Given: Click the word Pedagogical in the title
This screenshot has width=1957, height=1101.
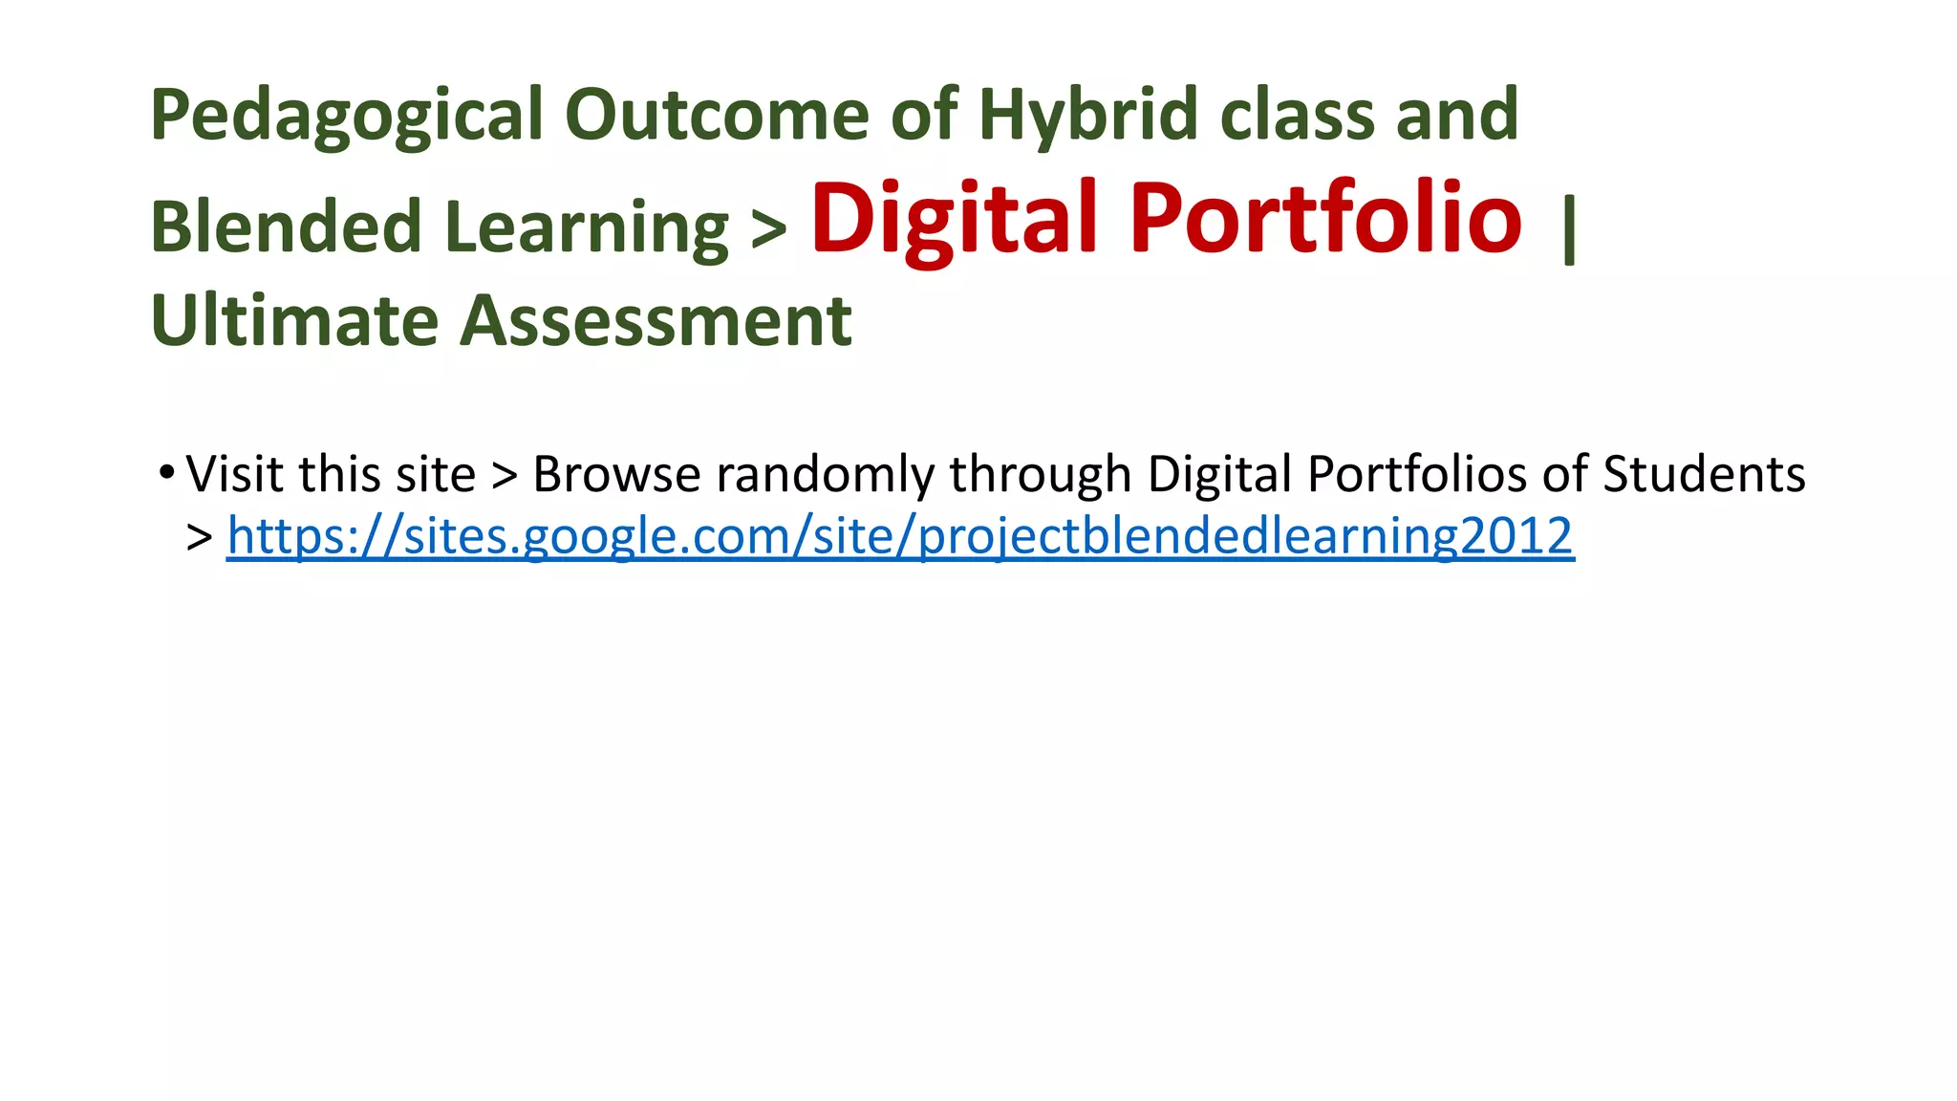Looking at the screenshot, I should [x=347, y=116].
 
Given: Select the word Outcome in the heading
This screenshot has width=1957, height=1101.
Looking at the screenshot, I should [x=716, y=114].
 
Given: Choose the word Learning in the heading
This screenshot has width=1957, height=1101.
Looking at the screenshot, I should [x=587, y=227].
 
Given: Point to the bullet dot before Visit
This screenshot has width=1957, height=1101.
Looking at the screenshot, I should [x=167, y=472].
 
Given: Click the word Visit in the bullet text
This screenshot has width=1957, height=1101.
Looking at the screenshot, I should [x=234, y=474].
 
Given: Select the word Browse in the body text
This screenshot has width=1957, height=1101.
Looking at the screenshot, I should [x=616, y=474].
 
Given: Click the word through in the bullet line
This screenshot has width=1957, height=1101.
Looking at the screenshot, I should [x=1040, y=476].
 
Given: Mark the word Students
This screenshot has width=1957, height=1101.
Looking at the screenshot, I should [x=1704, y=474].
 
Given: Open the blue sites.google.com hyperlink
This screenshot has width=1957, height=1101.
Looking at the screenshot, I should [x=899, y=536].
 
